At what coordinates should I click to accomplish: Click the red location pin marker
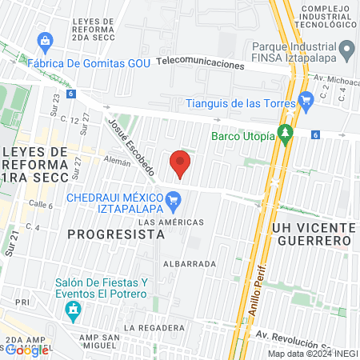pos(180,164)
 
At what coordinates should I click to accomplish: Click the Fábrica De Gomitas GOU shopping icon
pos(45,39)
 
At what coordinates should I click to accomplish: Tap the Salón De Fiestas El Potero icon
pos(74,309)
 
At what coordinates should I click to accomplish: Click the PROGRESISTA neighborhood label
pos(116,234)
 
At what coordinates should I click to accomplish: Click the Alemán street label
pos(116,160)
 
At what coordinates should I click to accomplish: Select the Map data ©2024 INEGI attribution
pos(311,354)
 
